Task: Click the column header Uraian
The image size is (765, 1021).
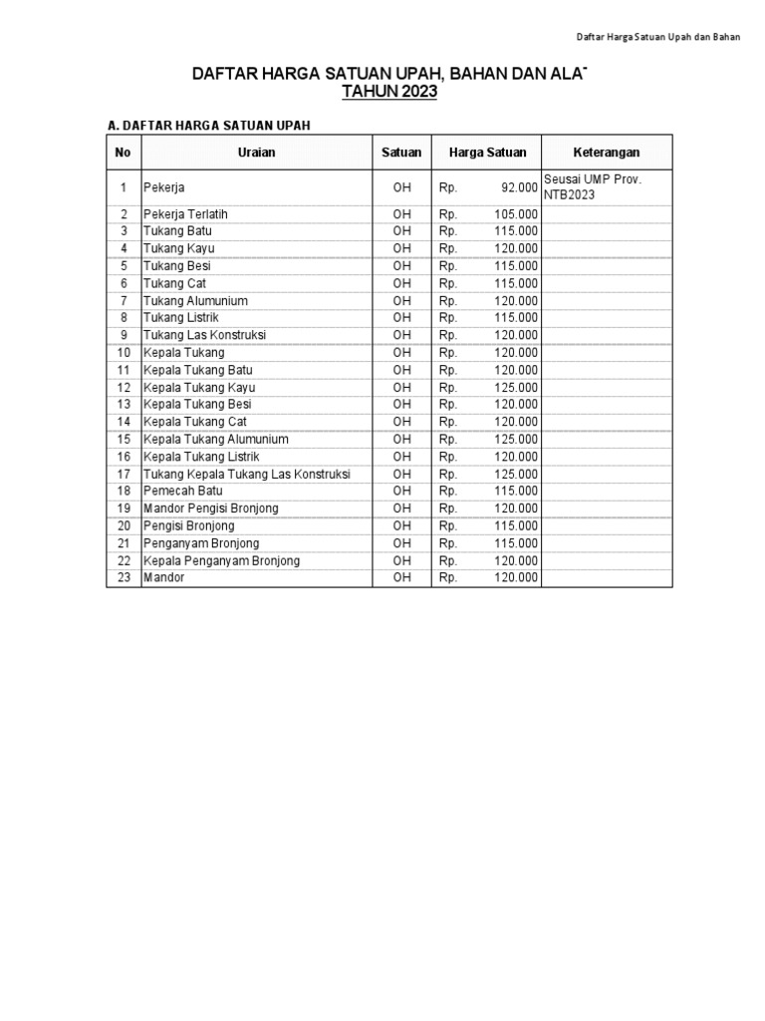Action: pos(256,153)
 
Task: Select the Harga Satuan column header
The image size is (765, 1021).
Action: pos(487,153)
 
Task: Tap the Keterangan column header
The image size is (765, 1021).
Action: pos(607,153)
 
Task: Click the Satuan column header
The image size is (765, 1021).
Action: pos(401,153)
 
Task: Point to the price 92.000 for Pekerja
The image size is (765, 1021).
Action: pos(518,187)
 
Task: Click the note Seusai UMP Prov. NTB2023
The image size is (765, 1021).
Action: pos(593,187)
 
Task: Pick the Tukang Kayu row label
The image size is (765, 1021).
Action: pos(179,248)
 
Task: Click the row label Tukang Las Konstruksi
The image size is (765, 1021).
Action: pos(204,335)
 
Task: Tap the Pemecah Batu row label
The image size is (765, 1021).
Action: pos(183,491)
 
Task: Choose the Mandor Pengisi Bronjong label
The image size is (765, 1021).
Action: pos(211,509)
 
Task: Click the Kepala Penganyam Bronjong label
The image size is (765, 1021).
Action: pos(221,560)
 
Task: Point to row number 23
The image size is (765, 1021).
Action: pos(124,577)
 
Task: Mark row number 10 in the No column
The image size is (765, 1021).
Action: pos(124,352)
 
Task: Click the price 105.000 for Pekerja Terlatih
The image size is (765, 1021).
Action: pos(516,214)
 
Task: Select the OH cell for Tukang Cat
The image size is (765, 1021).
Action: pos(401,283)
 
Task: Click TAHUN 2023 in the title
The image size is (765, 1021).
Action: pos(389,92)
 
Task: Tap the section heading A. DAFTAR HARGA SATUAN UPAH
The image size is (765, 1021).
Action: pos(208,125)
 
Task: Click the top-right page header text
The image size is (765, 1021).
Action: pos(658,37)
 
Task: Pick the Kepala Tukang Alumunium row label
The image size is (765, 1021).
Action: pos(216,439)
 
